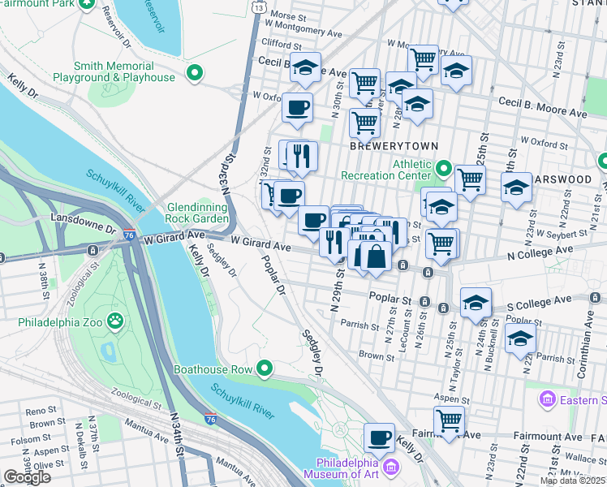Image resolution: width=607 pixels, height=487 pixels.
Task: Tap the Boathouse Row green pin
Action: click(264, 369)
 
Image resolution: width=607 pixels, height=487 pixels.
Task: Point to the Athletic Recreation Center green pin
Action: click(443, 169)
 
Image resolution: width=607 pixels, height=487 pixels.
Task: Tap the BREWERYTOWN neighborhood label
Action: click(394, 146)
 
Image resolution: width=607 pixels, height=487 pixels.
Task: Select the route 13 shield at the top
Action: click(257, 6)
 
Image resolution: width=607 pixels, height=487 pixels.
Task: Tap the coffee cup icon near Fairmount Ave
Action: click(378, 438)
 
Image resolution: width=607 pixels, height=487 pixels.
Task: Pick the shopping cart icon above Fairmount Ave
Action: click(448, 420)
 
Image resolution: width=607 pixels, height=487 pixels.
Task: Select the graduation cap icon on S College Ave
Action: click(476, 304)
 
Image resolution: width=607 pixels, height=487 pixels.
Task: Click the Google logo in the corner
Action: click(27, 477)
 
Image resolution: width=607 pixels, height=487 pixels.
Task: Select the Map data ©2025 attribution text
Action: click(572, 481)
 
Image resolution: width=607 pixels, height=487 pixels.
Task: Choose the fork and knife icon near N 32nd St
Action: click(301, 156)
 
